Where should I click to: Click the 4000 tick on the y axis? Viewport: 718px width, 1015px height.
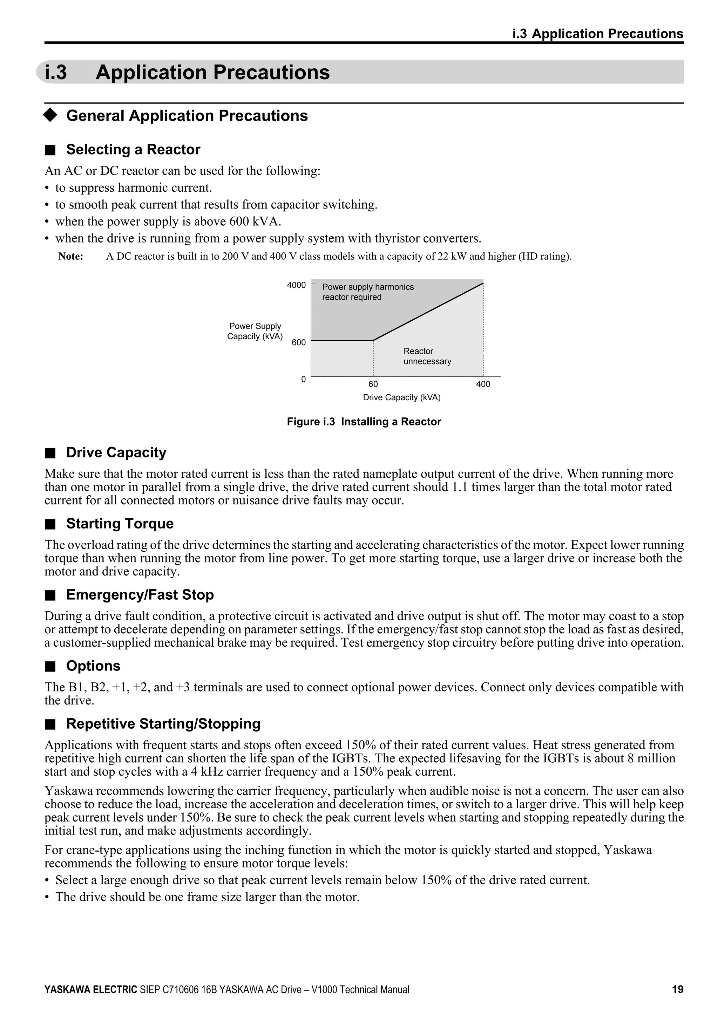296,285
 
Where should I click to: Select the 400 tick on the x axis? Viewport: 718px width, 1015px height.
483,384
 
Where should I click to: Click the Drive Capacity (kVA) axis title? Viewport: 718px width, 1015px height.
401,397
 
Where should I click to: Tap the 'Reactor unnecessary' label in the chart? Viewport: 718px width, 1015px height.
427,356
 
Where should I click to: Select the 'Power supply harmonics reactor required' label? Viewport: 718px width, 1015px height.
367,292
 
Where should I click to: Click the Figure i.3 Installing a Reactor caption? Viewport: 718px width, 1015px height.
364,422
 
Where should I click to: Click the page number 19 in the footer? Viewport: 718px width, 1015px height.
677,989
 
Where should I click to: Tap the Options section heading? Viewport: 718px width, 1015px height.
93,666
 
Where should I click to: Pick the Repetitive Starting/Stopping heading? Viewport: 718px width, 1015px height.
163,724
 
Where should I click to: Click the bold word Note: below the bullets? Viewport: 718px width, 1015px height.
71,257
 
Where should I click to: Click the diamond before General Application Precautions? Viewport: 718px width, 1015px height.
50,115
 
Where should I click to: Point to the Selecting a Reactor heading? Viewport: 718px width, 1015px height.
133,149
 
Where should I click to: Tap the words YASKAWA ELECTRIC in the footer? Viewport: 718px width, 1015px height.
91,990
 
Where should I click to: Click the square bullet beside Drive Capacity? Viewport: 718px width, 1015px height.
50,453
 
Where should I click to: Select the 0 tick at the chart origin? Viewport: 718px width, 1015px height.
303,379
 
